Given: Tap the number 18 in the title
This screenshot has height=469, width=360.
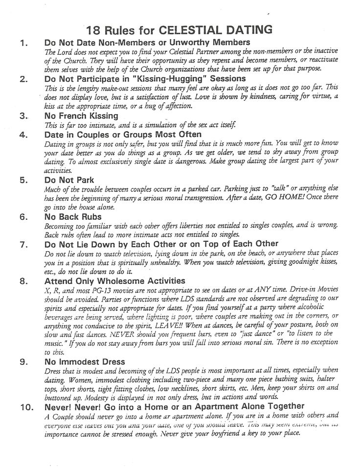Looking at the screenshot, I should [x=94, y=29].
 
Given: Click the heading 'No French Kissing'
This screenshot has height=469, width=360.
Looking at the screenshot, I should [x=81, y=116].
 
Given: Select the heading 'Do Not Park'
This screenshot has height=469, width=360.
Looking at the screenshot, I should [x=69, y=180].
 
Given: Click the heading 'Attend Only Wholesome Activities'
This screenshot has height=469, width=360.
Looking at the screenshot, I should [x=114, y=281].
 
